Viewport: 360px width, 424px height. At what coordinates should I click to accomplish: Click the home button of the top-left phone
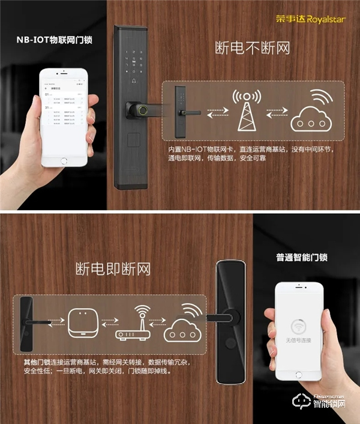pyautogui.click(x=64, y=160)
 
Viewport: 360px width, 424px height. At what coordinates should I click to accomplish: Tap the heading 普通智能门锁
pyautogui.click(x=305, y=258)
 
